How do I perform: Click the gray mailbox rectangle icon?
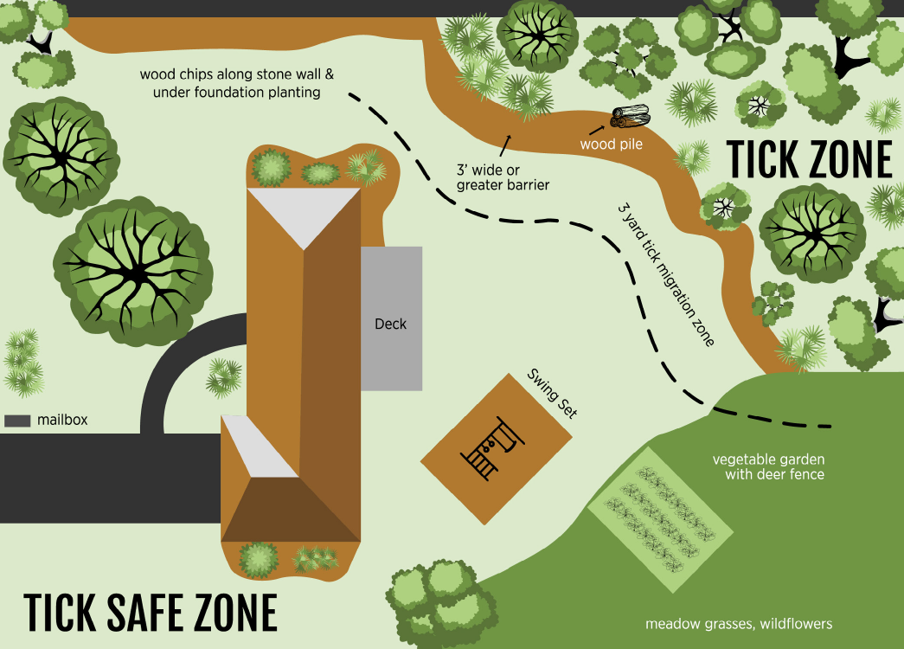tap(17, 421)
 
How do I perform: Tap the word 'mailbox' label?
tap(62, 421)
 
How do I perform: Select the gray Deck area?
tap(391, 318)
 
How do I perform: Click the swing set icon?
tap(494, 448)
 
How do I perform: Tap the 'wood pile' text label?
tap(611, 145)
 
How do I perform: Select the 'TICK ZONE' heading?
tap(808, 159)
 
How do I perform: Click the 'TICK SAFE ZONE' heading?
tap(151, 613)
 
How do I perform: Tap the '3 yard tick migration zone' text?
tap(665, 275)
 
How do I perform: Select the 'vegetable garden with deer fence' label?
tap(768, 466)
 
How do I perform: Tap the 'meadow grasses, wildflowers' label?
tap(739, 624)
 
